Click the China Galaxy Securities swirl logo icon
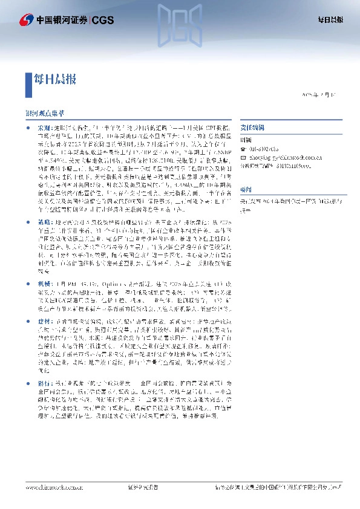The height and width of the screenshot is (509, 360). pyautogui.click(x=26, y=20)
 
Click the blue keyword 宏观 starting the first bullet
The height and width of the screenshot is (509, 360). pyautogui.click(x=44, y=129)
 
